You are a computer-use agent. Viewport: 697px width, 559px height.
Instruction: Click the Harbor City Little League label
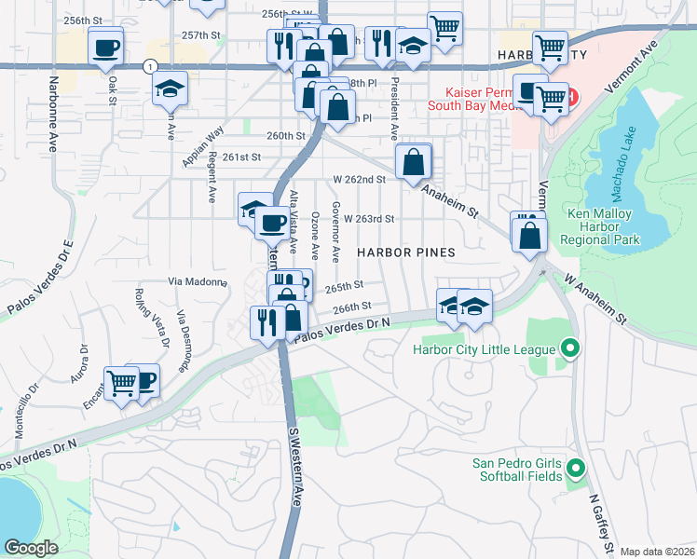click(x=485, y=350)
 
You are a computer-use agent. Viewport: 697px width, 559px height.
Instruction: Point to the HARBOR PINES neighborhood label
click(x=406, y=252)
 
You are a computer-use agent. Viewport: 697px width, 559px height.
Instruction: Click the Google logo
click(x=32, y=547)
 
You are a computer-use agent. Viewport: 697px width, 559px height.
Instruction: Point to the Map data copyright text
click(x=658, y=551)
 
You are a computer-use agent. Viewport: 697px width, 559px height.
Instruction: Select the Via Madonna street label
click(x=198, y=280)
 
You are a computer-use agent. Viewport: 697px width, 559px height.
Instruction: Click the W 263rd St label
click(x=369, y=219)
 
